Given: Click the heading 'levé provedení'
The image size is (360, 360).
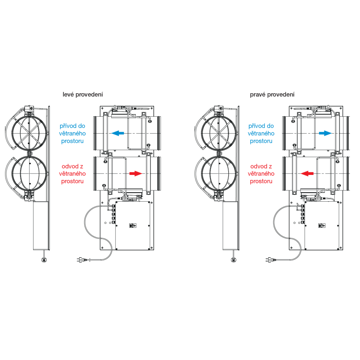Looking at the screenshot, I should (x=83, y=95).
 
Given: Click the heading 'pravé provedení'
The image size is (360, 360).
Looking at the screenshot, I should (x=272, y=95).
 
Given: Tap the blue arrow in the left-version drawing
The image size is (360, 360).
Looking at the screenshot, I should (x=118, y=133).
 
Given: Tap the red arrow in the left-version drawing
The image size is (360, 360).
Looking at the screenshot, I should (x=136, y=174).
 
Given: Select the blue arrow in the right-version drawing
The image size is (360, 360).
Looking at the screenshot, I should (x=325, y=133).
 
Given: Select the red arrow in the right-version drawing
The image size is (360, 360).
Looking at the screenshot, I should (x=307, y=174).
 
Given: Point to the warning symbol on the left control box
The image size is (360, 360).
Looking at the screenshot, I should (x=132, y=226).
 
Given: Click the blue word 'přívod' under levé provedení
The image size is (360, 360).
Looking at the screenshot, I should (x=67, y=126).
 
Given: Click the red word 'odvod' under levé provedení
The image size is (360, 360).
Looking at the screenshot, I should (x=68, y=167).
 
